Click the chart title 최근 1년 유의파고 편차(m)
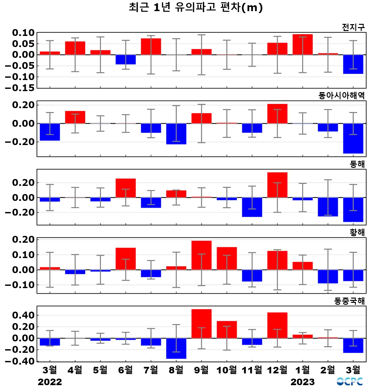coord(196,7)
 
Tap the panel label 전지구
coord(353,27)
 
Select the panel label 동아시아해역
coord(341,95)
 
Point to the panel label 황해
coord(357,232)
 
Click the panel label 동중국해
coord(349,301)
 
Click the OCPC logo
coord(350,381)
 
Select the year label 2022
coord(50,382)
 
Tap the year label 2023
coord(302,382)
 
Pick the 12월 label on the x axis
coord(277,370)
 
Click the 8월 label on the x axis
coord(176,370)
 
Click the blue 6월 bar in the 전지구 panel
coord(126,59)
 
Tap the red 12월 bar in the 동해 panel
coord(277,185)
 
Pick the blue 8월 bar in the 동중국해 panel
coord(176,348)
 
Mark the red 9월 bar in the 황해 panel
coord(202,255)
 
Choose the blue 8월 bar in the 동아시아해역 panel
coord(176,134)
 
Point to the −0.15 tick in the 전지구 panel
coord(20,88)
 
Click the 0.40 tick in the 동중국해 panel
coord(23,315)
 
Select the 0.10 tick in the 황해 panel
coord(23,254)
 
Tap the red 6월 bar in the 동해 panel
coord(126,188)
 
